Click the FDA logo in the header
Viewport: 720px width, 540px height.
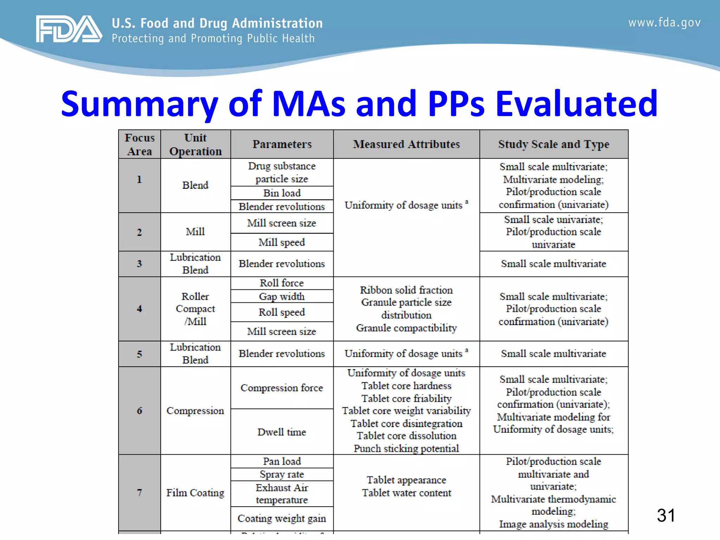(x=69, y=29)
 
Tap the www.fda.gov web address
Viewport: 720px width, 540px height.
(x=664, y=23)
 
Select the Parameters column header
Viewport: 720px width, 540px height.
(x=282, y=144)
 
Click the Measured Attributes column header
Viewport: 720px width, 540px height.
(x=406, y=144)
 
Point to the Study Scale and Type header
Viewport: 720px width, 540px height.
(x=554, y=144)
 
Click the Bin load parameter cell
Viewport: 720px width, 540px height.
(x=282, y=193)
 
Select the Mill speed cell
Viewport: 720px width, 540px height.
(x=282, y=242)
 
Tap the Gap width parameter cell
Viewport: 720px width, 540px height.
(x=282, y=296)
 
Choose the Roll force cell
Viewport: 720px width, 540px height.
(x=282, y=283)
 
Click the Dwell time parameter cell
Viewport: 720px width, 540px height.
(x=282, y=432)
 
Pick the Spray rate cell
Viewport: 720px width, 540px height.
(x=282, y=474)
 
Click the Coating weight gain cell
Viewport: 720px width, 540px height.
(x=282, y=518)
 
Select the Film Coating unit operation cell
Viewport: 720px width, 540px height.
(x=195, y=493)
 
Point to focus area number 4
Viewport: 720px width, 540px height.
(x=140, y=309)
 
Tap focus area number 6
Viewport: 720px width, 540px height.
(x=140, y=411)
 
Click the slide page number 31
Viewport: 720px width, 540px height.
(x=666, y=515)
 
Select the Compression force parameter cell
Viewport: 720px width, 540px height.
(x=282, y=388)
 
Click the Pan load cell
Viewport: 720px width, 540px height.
(x=282, y=461)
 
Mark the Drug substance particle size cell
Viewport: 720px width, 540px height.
(x=282, y=172)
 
